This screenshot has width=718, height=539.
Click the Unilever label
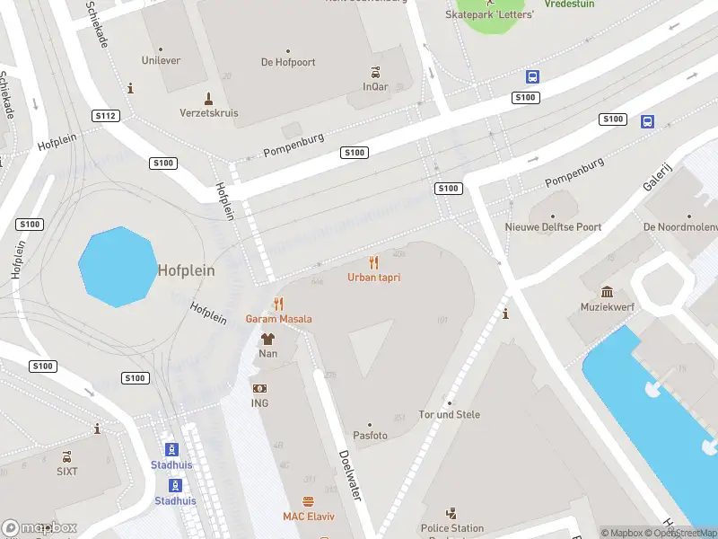[161, 61]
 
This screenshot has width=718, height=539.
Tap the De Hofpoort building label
[287, 63]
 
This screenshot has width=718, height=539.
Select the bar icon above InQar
[376, 73]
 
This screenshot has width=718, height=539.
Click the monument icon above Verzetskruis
[208, 98]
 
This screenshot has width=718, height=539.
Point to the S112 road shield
[105, 116]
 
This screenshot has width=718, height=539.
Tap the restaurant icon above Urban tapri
[374, 263]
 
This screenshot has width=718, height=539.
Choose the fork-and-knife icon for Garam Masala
[278, 304]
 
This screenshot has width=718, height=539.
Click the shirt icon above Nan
[267, 339]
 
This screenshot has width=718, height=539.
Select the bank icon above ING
[259, 388]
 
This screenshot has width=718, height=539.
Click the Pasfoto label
[369, 436]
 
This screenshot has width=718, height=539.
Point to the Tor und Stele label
[450, 414]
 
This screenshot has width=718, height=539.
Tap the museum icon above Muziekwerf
[608, 292]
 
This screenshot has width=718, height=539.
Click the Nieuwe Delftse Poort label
[553, 227]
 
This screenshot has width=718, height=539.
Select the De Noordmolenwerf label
[679, 227]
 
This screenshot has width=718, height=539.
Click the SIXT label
[67, 471]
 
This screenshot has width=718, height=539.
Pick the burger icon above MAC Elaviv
[308, 501]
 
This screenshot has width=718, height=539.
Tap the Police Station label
[452, 528]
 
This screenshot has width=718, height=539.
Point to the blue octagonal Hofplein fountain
[116, 267]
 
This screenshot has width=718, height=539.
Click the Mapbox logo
[39, 527]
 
